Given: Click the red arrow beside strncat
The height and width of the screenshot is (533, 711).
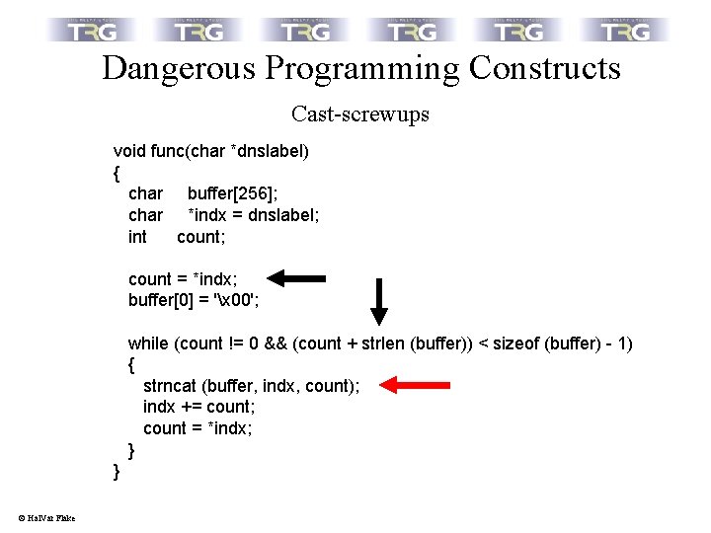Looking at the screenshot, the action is pyautogui.click(x=415, y=385).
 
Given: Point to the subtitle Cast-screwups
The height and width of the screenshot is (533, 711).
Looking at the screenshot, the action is pyautogui.click(x=360, y=114).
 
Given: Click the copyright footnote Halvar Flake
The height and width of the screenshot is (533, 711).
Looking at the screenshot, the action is pyautogui.click(x=46, y=518).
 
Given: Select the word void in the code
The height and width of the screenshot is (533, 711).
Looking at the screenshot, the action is pyautogui.click(x=129, y=151).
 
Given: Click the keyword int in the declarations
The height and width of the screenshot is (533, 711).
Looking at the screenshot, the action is pyautogui.click(x=137, y=237).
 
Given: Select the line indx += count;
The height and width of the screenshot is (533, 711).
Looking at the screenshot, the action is pyautogui.click(x=199, y=407).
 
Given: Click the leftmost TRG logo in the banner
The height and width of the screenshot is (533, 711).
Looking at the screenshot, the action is pyautogui.click(x=95, y=30).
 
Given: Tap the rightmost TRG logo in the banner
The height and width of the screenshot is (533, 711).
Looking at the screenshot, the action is pyautogui.click(x=626, y=30).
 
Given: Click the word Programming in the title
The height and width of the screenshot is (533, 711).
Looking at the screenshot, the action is pyautogui.click(x=362, y=69).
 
